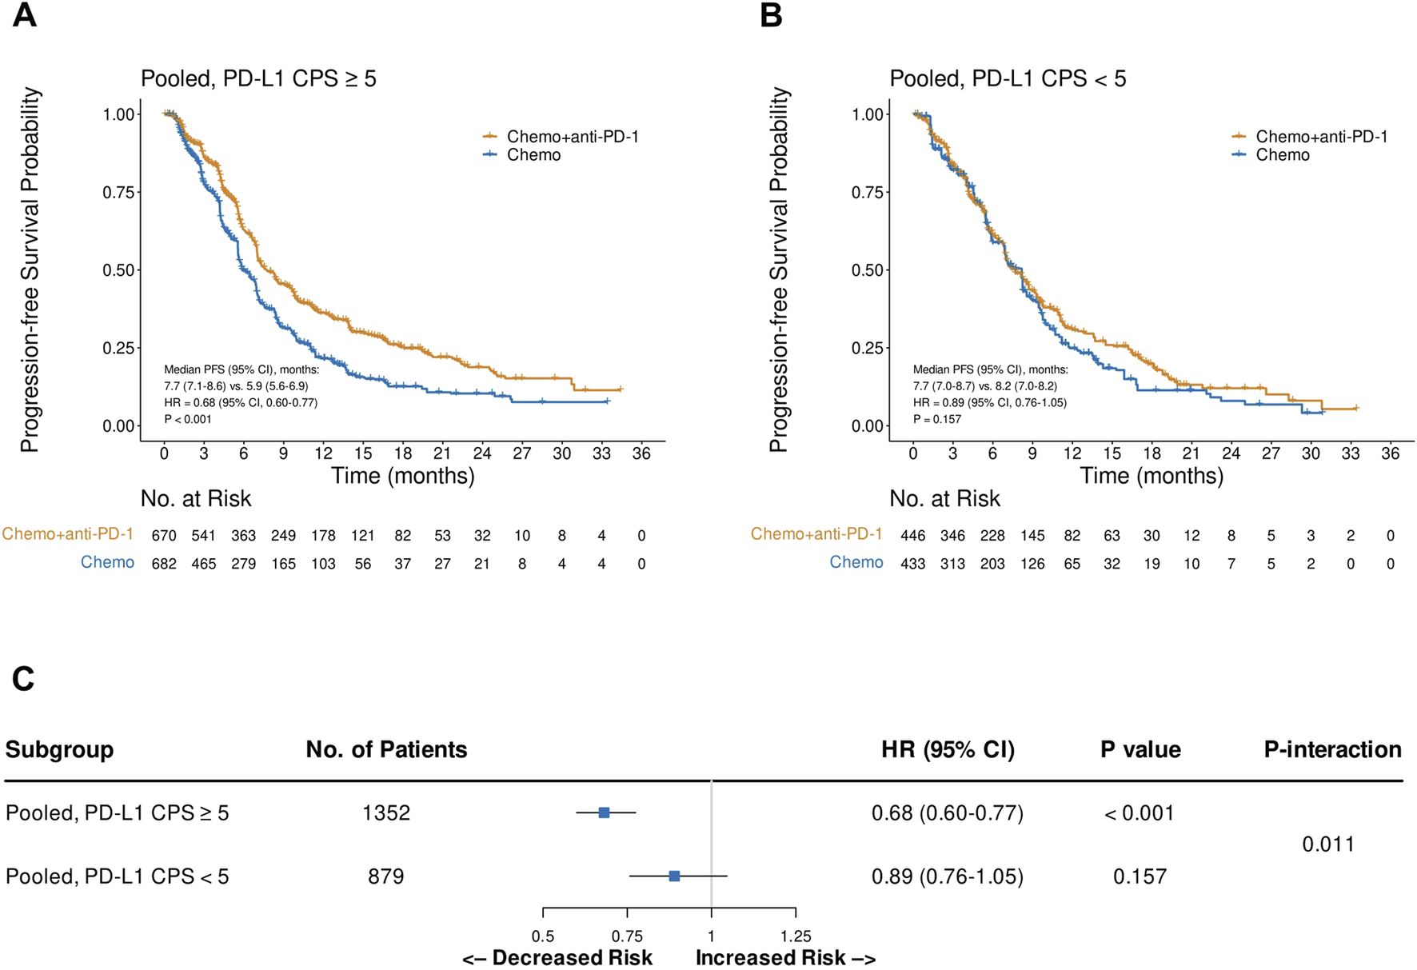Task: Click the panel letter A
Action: pos(24,15)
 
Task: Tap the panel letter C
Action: pos(22,679)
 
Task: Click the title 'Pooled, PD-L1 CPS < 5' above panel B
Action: pos(1008,79)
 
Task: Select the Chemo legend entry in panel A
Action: pos(533,155)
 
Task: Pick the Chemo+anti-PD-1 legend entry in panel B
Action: pos(1321,137)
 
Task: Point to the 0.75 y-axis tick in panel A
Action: pos(118,192)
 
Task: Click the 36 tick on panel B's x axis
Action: pos(1390,453)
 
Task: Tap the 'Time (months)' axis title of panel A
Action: pos(402,476)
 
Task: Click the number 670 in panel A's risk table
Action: pos(164,536)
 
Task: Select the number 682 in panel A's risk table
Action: pos(164,564)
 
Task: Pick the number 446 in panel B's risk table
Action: pos(912,536)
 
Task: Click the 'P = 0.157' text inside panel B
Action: pos(937,419)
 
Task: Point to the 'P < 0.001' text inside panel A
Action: pos(188,419)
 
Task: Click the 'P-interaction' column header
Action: pos(1332,749)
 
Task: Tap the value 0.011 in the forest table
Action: pos(1327,844)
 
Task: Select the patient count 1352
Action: pos(386,813)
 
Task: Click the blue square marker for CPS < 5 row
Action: pos(674,876)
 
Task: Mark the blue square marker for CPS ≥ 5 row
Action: pos(604,812)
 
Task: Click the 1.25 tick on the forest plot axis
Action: pos(796,936)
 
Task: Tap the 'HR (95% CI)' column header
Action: pos(948,749)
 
